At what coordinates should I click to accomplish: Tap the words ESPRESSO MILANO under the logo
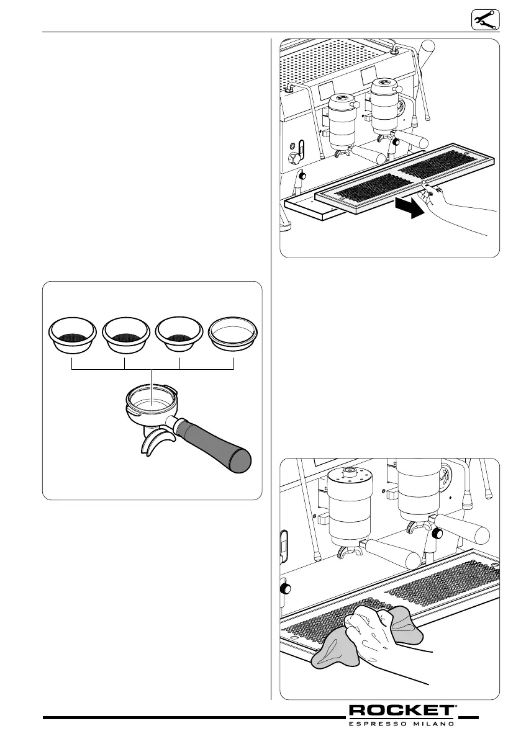pos(402,723)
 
